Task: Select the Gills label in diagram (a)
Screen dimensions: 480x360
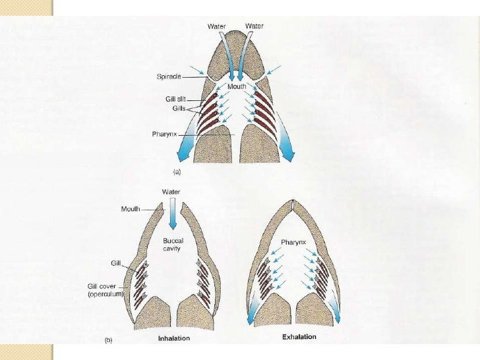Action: click(175, 106)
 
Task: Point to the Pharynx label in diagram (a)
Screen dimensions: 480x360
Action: click(165, 135)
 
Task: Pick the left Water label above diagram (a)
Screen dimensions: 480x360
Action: click(217, 26)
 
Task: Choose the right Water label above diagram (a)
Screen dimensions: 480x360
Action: click(255, 26)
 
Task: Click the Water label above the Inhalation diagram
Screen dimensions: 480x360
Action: click(171, 192)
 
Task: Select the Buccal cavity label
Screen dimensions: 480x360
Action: click(173, 245)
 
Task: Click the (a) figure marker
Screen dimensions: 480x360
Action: click(177, 171)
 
